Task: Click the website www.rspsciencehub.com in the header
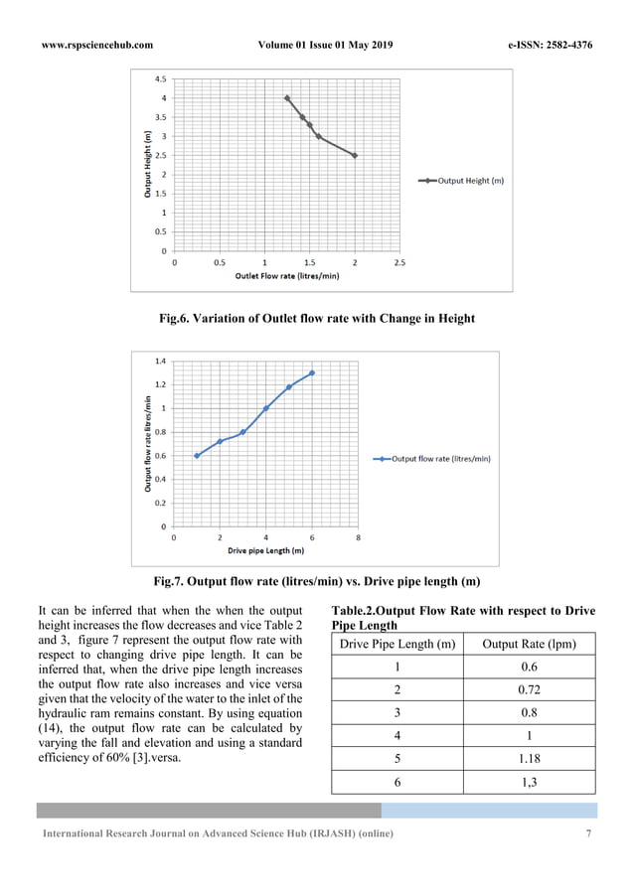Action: pyautogui.click(x=96, y=45)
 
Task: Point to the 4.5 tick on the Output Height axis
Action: pyautogui.click(x=159, y=78)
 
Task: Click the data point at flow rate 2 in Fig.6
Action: pyautogui.click(x=355, y=155)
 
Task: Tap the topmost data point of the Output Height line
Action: pyautogui.click(x=287, y=98)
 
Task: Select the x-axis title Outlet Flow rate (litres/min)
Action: pyautogui.click(x=286, y=276)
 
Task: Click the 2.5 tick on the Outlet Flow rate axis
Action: pyautogui.click(x=399, y=263)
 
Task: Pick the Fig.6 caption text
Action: pyautogui.click(x=317, y=319)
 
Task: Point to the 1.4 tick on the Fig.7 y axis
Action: pyautogui.click(x=160, y=361)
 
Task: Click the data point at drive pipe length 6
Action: pyautogui.click(x=312, y=373)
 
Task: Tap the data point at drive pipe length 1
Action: pyautogui.click(x=197, y=456)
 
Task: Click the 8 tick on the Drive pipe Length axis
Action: pyautogui.click(x=358, y=537)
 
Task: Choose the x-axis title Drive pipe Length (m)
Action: pyautogui.click(x=265, y=550)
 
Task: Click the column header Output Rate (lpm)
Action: pyautogui.click(x=531, y=645)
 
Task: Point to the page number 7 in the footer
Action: pyautogui.click(x=589, y=833)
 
